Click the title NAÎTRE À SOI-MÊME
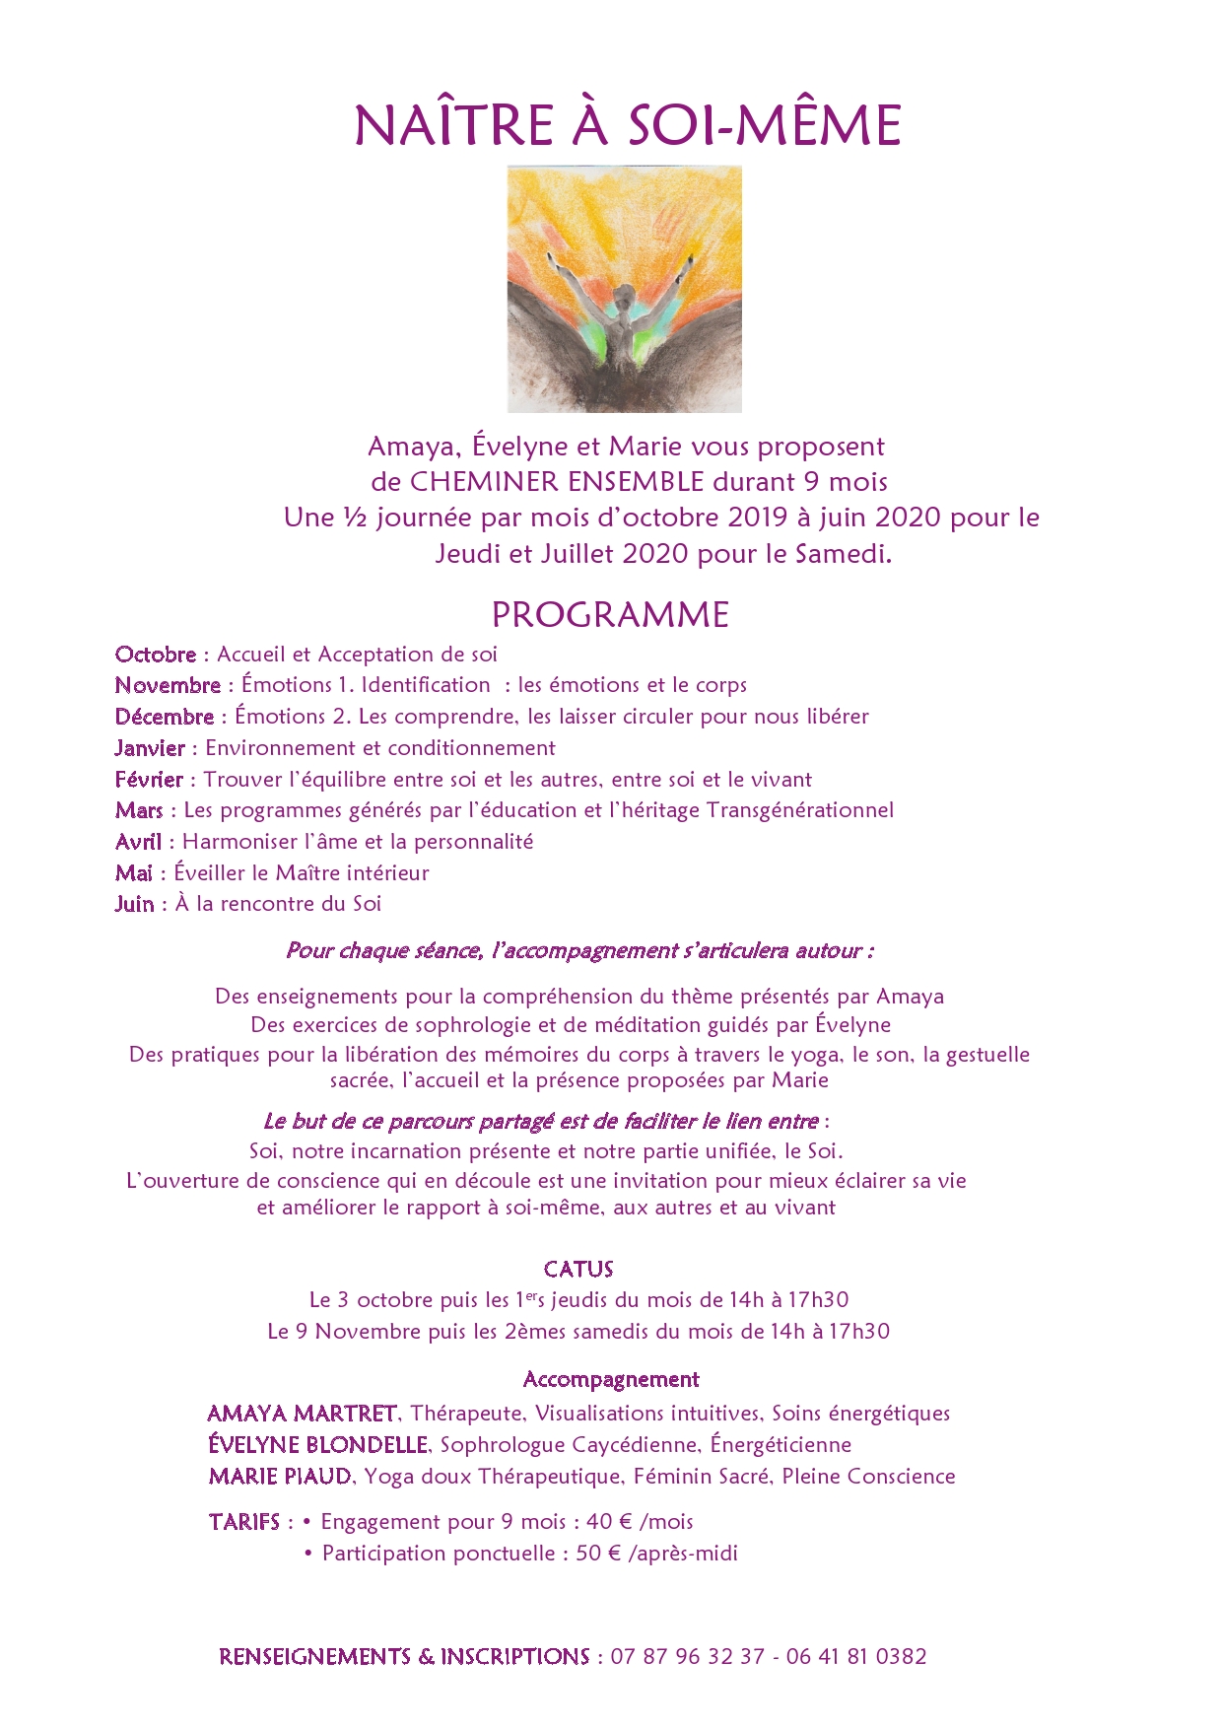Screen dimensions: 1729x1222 [628, 125]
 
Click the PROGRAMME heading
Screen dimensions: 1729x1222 [610, 615]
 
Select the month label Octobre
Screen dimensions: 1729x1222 [156, 655]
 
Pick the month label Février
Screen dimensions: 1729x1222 [149, 780]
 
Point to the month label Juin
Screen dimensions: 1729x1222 [134, 904]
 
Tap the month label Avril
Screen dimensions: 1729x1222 [138, 842]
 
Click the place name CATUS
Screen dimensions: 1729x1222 [578, 1270]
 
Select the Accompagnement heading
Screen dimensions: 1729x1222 [611, 1380]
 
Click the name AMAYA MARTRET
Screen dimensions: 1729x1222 [303, 1414]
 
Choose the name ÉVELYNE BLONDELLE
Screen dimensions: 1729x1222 [318, 1445]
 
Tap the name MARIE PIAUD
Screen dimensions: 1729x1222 [280, 1477]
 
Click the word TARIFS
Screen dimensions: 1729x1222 [244, 1522]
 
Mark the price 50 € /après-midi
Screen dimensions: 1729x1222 [656, 1554]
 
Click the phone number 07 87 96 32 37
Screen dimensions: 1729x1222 [687, 1657]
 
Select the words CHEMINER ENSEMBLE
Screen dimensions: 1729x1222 [557, 482]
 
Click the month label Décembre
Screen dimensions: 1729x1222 [165, 717]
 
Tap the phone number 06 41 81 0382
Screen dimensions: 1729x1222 [856, 1657]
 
